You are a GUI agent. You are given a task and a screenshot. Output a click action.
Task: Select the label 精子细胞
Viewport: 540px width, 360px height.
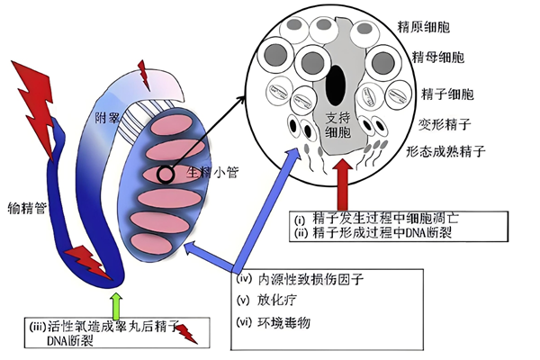point(440,93)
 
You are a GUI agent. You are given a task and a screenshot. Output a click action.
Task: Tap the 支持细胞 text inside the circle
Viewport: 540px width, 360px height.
point(337,126)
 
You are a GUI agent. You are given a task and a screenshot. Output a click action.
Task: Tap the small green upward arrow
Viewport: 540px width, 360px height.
point(115,301)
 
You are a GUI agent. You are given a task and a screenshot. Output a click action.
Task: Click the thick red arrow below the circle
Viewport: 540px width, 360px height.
point(344,184)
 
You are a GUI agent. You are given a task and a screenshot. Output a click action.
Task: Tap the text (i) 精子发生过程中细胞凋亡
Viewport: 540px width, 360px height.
point(381,218)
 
